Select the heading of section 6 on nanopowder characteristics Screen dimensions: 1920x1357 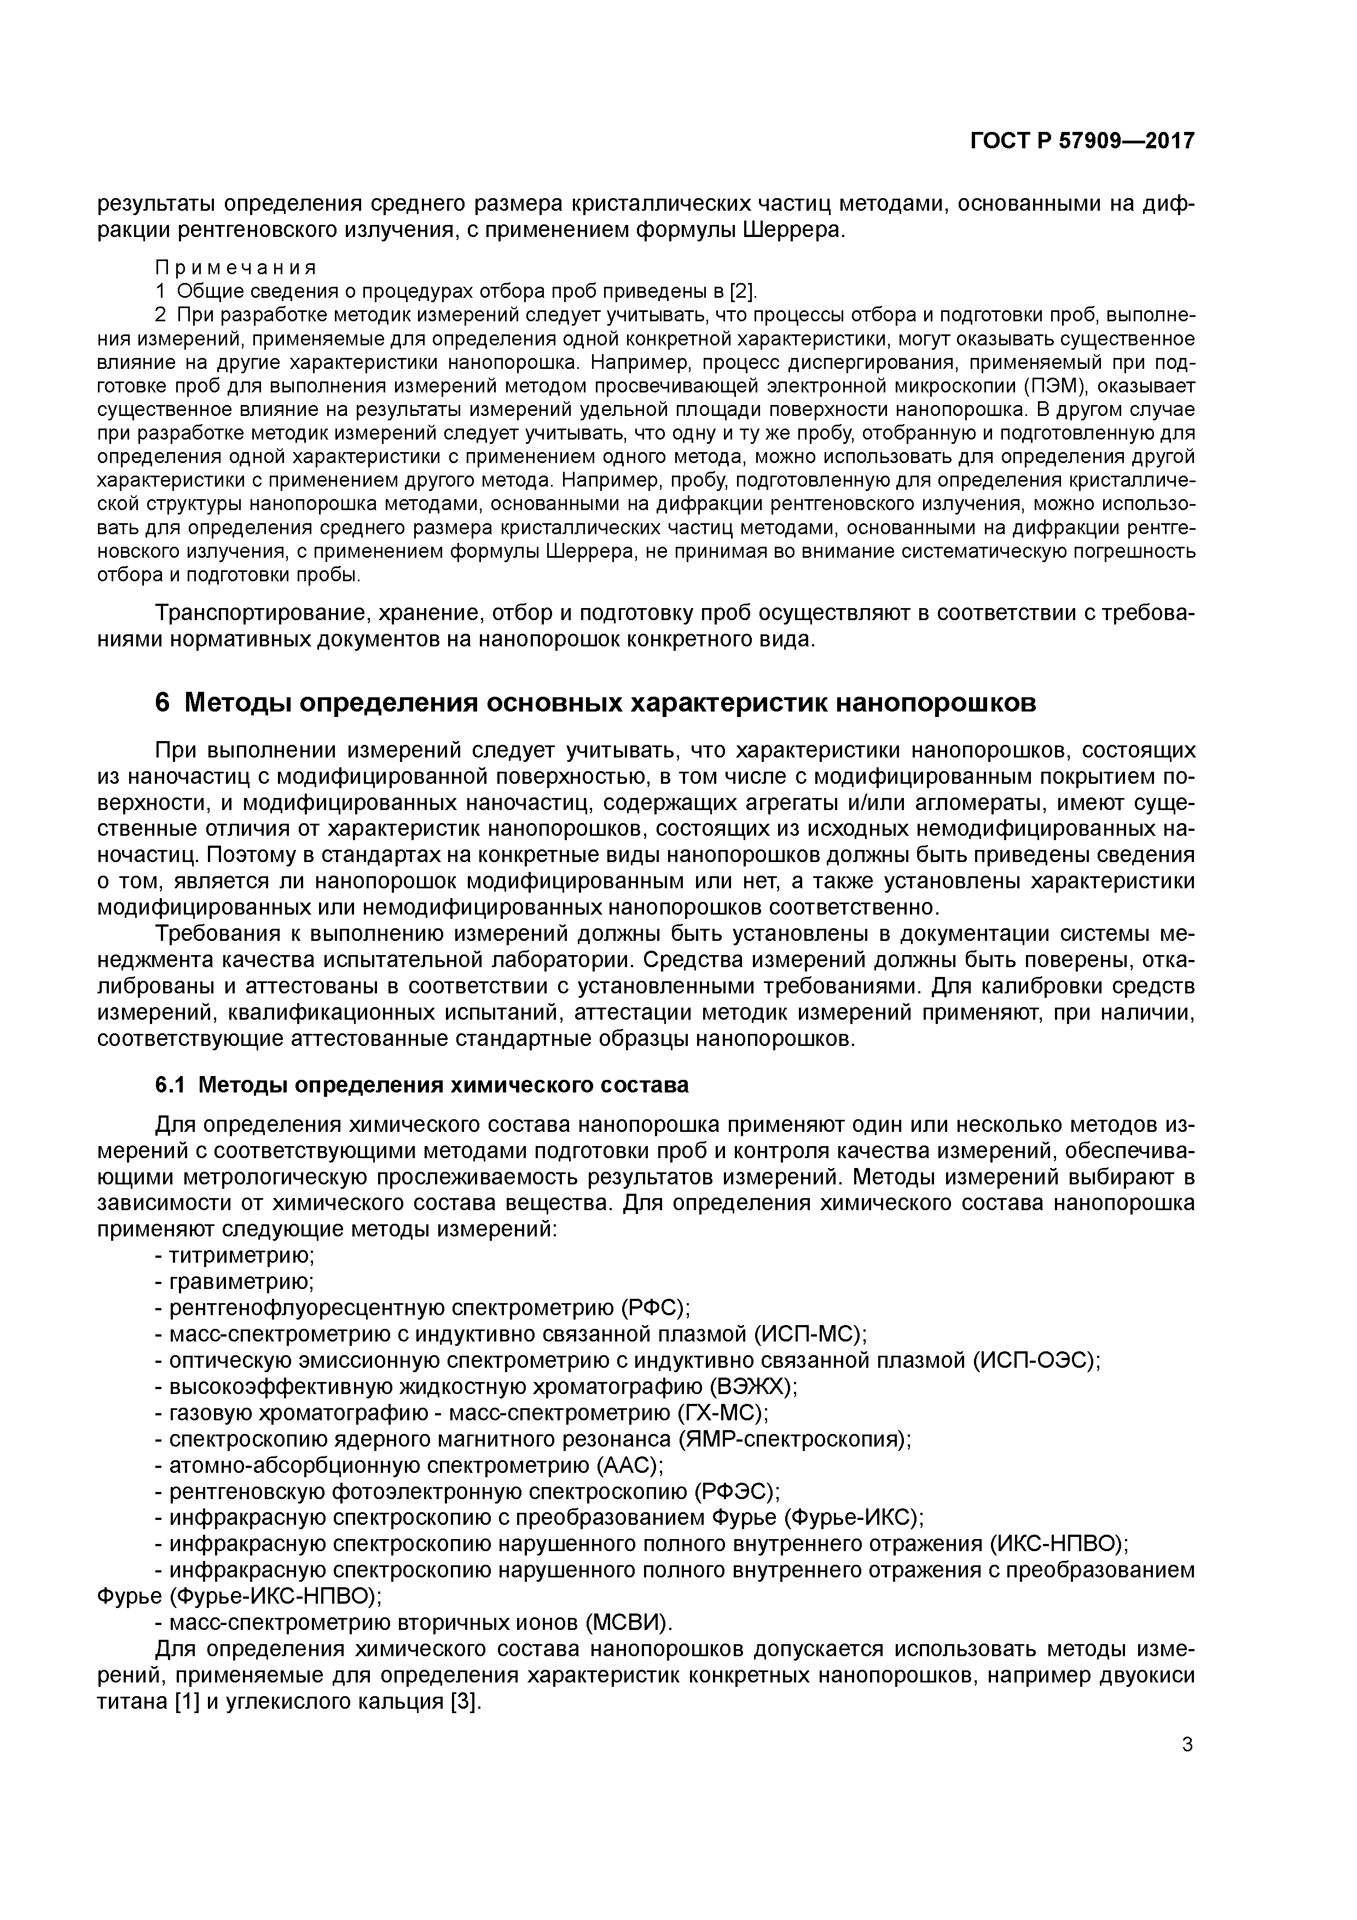coord(595,702)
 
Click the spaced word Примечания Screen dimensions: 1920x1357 coord(236,268)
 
